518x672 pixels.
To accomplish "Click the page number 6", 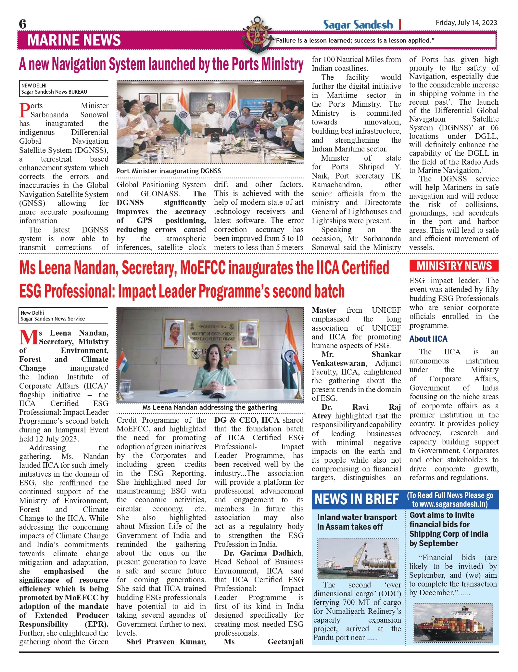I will (x=23, y=24).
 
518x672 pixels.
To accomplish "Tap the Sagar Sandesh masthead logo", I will (x=358, y=25).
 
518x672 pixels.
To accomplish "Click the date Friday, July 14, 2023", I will (x=466, y=22).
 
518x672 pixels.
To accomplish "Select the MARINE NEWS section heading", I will (x=74, y=40).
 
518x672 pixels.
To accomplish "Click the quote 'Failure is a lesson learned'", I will (x=354, y=41).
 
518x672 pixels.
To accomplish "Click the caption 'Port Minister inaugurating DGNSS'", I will (x=169, y=171).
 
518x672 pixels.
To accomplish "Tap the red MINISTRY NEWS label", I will (x=454, y=266).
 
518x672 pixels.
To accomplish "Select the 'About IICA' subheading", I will (x=428, y=339).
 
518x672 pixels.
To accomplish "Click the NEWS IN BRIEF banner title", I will (x=357, y=499).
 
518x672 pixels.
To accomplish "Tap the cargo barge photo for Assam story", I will (x=358, y=558).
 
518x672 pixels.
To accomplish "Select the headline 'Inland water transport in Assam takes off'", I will (x=357, y=522).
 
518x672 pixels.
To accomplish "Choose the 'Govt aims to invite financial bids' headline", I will (x=449, y=529).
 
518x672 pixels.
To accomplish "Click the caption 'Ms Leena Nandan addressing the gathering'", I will (x=210, y=407).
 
